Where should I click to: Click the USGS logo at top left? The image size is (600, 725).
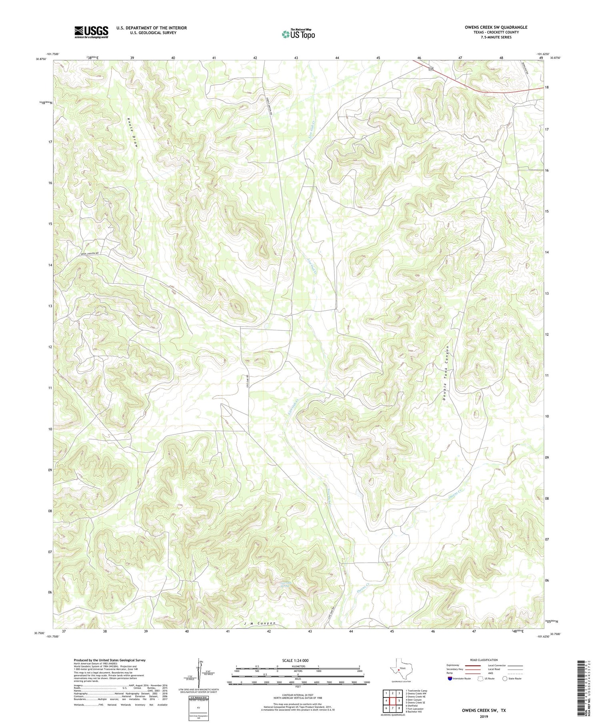91,32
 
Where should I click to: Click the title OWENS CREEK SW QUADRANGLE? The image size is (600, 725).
490,27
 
